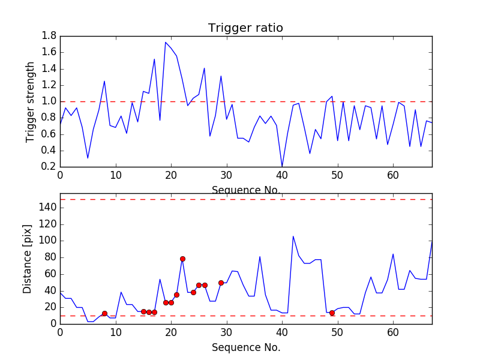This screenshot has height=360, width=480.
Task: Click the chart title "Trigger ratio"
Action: tap(245, 28)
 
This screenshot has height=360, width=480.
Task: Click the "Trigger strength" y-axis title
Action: tap(31, 101)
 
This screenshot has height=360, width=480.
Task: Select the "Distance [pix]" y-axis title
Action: tap(28, 259)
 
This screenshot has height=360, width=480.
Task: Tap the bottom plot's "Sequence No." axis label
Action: tap(246, 347)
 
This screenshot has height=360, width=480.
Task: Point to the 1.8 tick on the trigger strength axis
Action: tap(49, 36)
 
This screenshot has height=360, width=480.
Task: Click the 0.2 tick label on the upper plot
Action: tap(49, 167)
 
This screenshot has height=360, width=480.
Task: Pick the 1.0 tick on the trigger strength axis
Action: tap(49, 101)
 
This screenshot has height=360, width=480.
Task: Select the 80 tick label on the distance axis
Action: tap(49, 257)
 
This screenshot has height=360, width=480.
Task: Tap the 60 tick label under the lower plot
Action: tap(393, 332)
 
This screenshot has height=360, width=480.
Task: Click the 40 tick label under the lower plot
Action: tap(282, 332)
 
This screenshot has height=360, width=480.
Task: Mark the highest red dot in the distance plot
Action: tap(182, 259)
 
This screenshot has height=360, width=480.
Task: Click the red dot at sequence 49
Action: tap(332, 313)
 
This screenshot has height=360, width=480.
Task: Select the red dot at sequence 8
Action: tap(104, 313)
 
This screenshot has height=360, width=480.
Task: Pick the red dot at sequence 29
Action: tap(221, 283)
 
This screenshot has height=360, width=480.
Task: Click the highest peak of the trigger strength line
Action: tap(166, 42)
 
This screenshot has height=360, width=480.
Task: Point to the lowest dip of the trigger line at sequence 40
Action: tap(282, 166)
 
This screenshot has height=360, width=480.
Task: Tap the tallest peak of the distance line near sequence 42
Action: tap(293, 236)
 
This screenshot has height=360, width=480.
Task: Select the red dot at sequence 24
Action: tap(193, 292)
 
